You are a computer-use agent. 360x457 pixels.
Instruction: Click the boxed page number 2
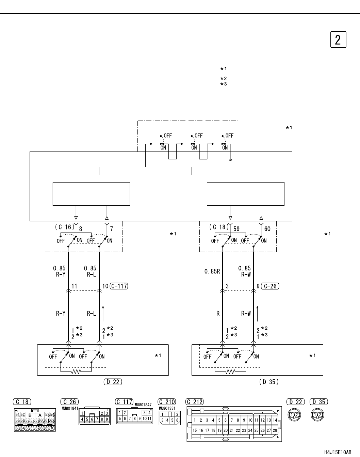point(338,40)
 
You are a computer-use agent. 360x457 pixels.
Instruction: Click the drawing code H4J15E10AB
point(338,452)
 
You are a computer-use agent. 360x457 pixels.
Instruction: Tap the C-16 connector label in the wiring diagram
point(65,227)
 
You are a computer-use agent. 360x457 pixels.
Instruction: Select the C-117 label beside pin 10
point(119,286)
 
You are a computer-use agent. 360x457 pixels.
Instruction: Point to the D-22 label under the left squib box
point(113,382)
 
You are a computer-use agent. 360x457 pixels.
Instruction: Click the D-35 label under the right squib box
point(269,382)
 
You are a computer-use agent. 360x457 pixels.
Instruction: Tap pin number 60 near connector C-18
point(267,229)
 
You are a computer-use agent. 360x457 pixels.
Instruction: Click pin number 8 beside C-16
point(80,229)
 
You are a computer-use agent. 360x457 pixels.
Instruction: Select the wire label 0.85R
point(212,271)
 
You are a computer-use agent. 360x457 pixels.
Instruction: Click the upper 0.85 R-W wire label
point(245,271)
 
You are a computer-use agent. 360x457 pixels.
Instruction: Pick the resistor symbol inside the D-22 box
point(76,372)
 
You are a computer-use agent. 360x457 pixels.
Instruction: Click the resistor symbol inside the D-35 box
point(230,372)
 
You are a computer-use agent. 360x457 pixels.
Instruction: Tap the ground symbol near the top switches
point(231,160)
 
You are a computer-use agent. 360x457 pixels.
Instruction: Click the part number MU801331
point(167,408)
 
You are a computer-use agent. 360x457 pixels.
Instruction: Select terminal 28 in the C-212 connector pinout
point(275,430)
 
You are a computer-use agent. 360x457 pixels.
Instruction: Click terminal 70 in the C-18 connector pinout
point(52,428)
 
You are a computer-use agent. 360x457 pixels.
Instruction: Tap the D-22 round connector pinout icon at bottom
point(294,414)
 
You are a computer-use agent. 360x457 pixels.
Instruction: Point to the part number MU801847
point(143,405)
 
